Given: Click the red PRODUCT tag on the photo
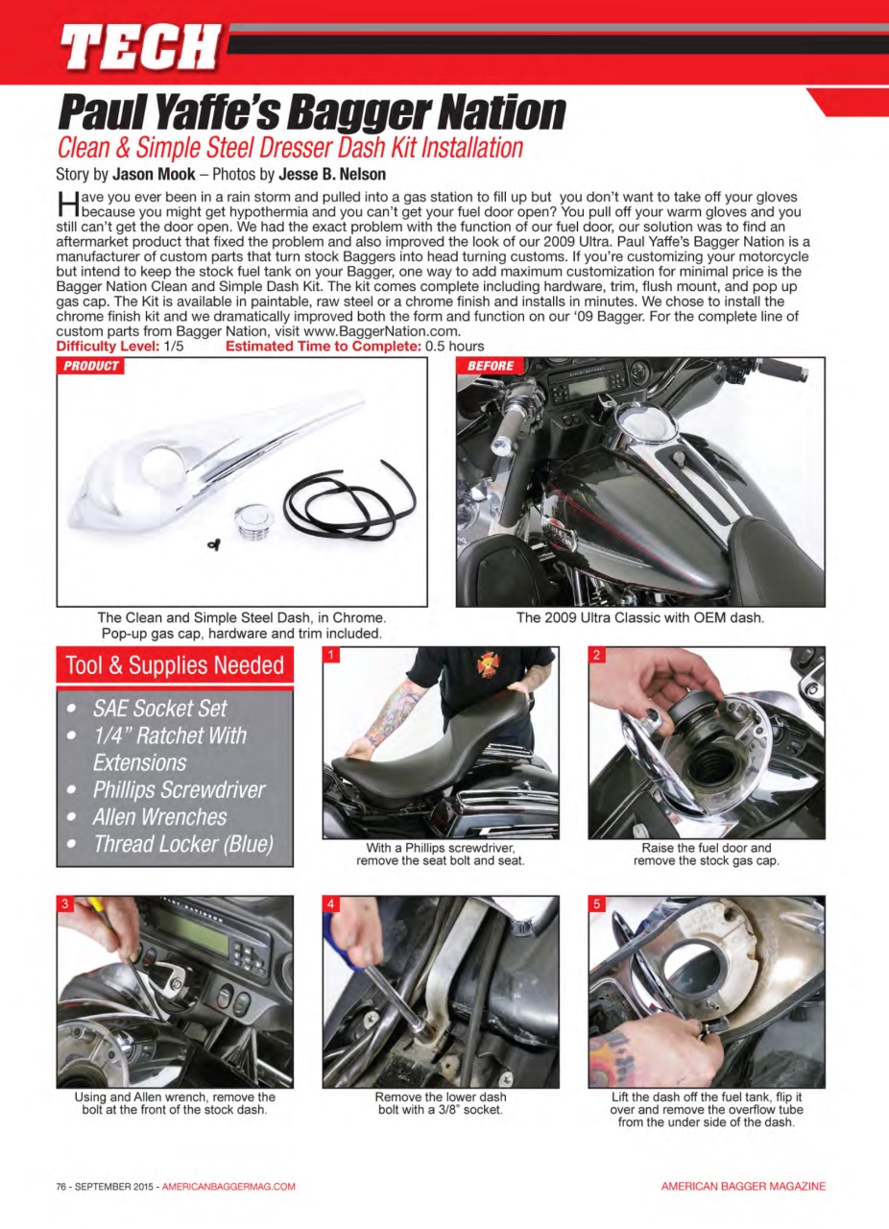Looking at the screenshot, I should [x=91, y=366].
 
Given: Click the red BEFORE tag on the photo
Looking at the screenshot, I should [x=491, y=366].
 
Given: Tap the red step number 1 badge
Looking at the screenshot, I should [x=330, y=656].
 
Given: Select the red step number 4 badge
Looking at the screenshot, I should [x=330, y=904].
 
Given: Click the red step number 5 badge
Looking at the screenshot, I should [x=596, y=904].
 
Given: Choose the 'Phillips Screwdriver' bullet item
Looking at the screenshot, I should [x=179, y=790].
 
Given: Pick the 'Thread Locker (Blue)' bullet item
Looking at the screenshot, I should [x=182, y=844].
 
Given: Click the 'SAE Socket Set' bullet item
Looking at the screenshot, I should [x=159, y=709].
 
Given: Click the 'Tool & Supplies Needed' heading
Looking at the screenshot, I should [x=174, y=665].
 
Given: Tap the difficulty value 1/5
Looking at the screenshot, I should [x=174, y=346].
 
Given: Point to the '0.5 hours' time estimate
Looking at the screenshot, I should [x=454, y=346].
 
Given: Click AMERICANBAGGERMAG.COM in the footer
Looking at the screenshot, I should [x=228, y=1187].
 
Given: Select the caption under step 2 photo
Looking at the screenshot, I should [x=706, y=855].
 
